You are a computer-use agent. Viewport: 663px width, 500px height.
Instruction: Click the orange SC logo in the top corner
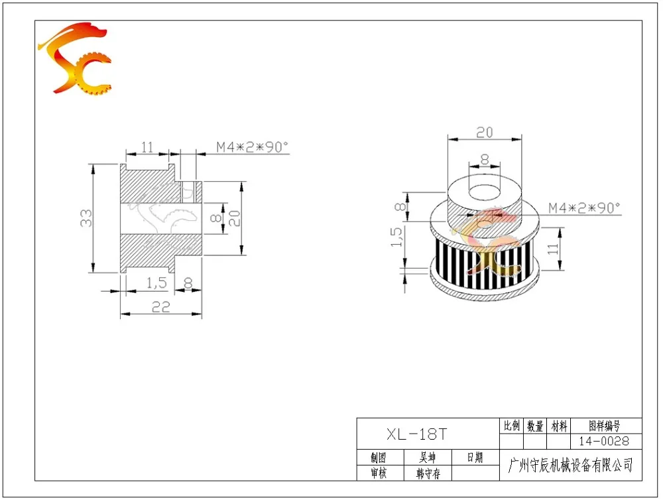pos(76,58)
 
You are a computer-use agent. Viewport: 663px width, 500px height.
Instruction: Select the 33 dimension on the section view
pos(86,218)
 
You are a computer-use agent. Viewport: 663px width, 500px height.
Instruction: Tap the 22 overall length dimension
pos(160,306)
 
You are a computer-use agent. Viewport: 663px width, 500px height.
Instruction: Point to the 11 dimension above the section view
pos(147,147)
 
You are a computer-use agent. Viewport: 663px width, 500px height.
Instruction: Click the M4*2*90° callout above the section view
pos(253,147)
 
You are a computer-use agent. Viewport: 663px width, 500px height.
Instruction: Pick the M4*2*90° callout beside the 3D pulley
pos(584,208)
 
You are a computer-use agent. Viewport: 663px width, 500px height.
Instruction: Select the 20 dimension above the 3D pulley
pos(485,133)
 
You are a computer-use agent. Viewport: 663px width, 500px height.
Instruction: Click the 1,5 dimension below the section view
pos(156,282)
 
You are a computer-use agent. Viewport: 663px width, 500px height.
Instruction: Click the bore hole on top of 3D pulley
pos(485,192)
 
